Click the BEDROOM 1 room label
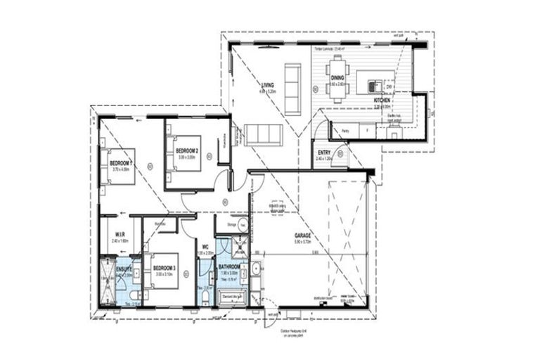click(121, 163)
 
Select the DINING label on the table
click(337, 78)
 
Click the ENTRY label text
click(324, 153)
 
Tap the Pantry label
click(345, 131)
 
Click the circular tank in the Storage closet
click(243, 226)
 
